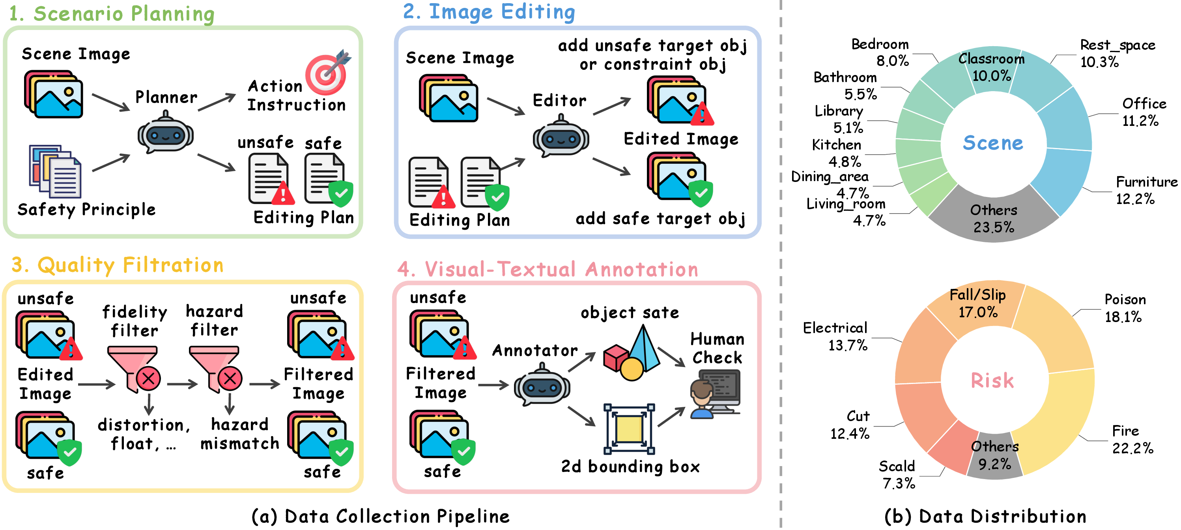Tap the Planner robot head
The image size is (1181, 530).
pyautogui.click(x=166, y=135)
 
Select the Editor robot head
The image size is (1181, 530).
pyautogui.click(x=560, y=139)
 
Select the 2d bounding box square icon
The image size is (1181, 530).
pyautogui.click(x=629, y=429)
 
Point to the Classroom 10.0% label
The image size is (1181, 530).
pyautogui.click(x=991, y=67)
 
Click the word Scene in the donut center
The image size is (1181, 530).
pyautogui.click(x=992, y=142)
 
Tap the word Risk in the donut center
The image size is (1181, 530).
pyautogui.click(x=992, y=380)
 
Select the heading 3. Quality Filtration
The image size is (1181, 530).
pyautogui.click(x=118, y=266)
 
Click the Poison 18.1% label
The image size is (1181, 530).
pyautogui.click(x=1124, y=308)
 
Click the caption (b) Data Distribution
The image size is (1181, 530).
pyautogui.click(x=985, y=516)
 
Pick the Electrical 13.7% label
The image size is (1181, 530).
pyautogui.click(x=836, y=337)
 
